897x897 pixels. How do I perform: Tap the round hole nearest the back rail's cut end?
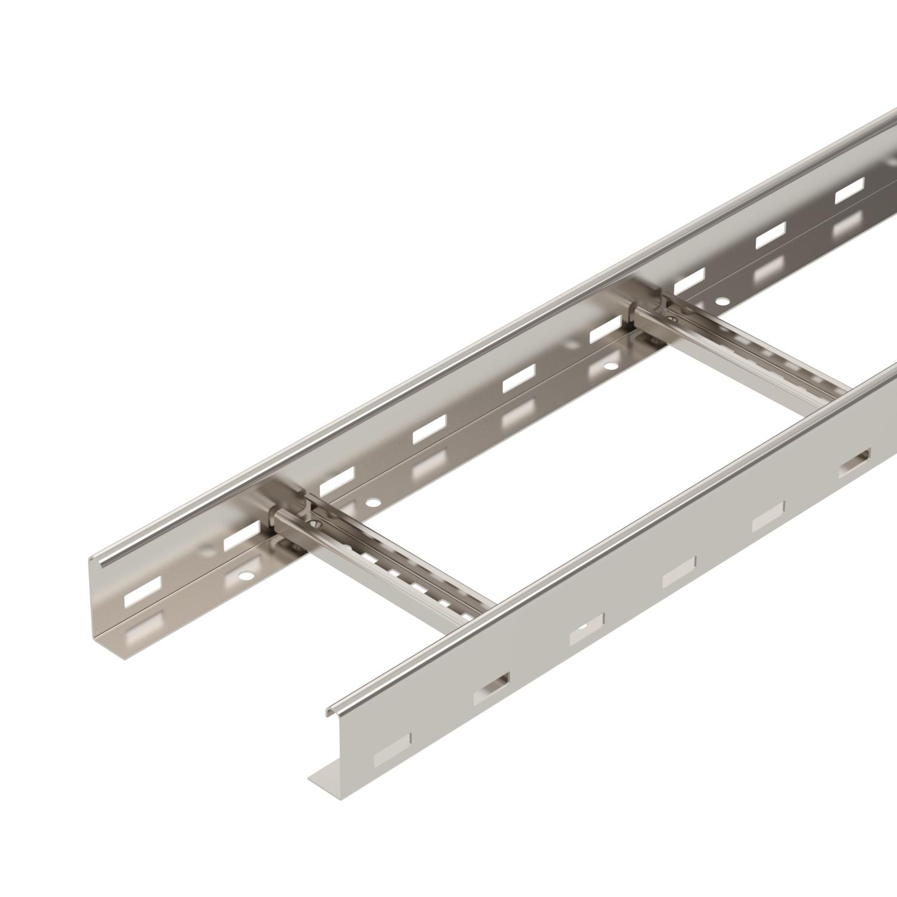[x=244, y=576]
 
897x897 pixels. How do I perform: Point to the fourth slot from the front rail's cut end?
[x=679, y=577]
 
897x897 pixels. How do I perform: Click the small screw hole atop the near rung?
[x=315, y=525]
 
